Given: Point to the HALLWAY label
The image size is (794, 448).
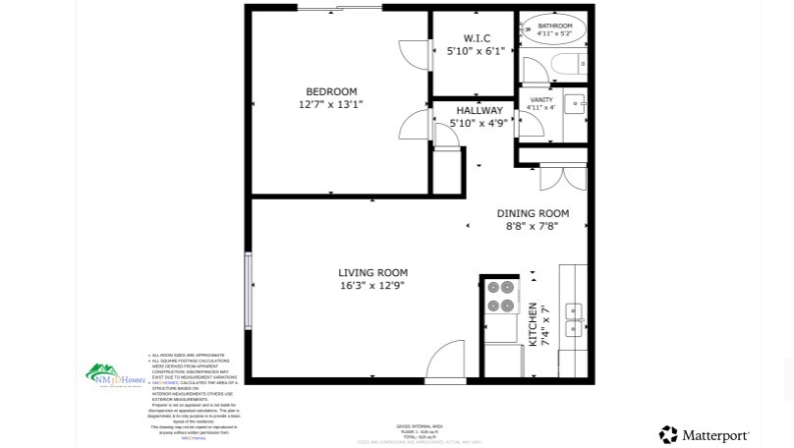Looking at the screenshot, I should pos(479,111).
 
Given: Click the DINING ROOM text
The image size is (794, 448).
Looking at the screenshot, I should pos(533,213).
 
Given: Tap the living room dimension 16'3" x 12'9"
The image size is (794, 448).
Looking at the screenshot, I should pos(371,285).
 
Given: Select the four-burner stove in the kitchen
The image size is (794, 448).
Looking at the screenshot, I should pos(501,297).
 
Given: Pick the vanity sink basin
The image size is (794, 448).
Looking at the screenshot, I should pos(575,101).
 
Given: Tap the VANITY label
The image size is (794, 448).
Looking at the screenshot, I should pos(541,100).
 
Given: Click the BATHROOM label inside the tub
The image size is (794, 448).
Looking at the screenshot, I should pos(554,27).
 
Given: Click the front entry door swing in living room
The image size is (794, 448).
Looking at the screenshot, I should pos(445,360).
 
